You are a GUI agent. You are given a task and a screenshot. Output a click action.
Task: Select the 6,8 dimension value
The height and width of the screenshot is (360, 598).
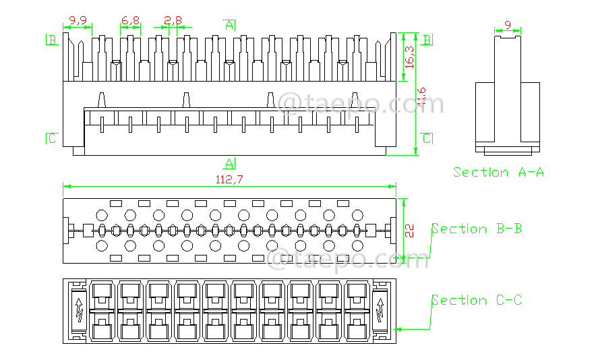[131, 21]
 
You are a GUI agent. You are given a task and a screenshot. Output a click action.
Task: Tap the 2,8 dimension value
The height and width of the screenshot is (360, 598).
[173, 21]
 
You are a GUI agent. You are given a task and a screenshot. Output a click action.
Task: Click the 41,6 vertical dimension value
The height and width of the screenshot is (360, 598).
[421, 97]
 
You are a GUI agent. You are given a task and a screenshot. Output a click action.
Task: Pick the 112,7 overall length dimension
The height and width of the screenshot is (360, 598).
[229, 179]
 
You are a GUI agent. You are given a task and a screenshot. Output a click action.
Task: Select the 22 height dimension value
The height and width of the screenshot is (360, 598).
[410, 229]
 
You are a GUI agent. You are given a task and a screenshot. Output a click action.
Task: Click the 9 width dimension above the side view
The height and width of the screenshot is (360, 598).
[508, 25]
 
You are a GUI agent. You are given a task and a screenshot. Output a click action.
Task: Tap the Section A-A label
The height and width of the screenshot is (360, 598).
[498, 173]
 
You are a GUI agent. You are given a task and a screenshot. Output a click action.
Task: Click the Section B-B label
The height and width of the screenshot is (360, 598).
[477, 229]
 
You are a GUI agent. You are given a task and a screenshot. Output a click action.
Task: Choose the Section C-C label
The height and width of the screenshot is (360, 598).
[477, 301]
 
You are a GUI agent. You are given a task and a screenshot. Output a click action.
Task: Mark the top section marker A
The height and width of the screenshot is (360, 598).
[230, 25]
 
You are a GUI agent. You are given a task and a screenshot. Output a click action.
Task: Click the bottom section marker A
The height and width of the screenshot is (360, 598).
[229, 162]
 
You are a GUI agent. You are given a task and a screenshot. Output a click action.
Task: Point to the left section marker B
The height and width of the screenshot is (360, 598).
[52, 39]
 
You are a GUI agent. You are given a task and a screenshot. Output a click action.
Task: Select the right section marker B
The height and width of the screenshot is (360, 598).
[427, 39]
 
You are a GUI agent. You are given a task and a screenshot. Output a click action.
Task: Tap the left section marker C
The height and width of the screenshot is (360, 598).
[52, 139]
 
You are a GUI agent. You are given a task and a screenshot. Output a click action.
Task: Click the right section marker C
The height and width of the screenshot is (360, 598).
[427, 139]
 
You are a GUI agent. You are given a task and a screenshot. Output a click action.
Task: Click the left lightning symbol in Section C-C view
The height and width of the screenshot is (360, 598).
[79, 311]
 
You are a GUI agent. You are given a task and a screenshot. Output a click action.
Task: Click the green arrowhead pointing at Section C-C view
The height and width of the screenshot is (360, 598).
[400, 330]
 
